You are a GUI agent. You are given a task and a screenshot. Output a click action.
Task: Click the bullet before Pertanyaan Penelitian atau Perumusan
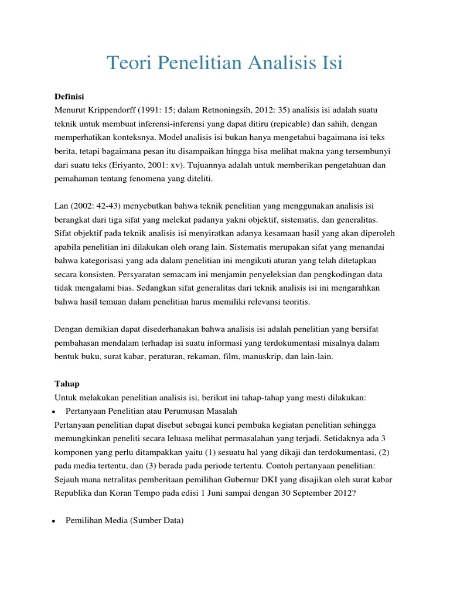point(53,411)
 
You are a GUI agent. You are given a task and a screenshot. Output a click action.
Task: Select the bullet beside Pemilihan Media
point(53,520)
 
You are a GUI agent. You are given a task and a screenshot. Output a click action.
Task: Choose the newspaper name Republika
point(74,493)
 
